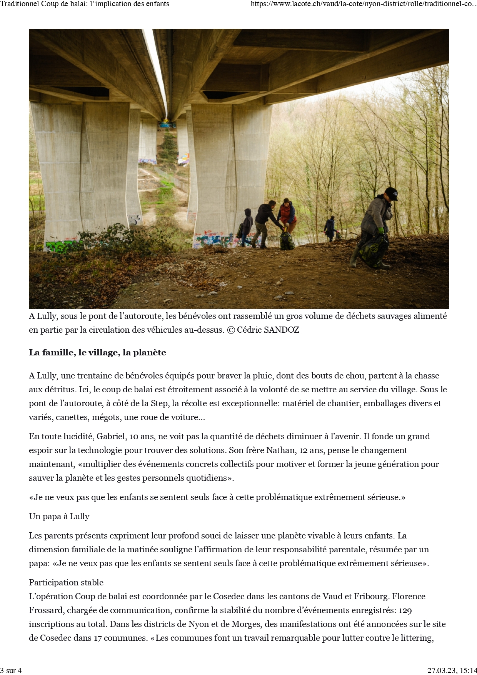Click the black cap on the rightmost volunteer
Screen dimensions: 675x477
coord(391,193)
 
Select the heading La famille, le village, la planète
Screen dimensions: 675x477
coord(97,353)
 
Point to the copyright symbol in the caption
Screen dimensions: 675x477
coord(231,330)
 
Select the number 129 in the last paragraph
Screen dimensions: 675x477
coord(405,610)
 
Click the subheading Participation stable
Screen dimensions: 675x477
coord(66,583)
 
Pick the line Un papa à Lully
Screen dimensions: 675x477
coord(59,517)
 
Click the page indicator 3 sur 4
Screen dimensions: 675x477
coord(11,670)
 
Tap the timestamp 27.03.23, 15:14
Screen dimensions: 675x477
coord(452,670)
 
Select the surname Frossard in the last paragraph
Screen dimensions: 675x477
coord(46,610)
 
